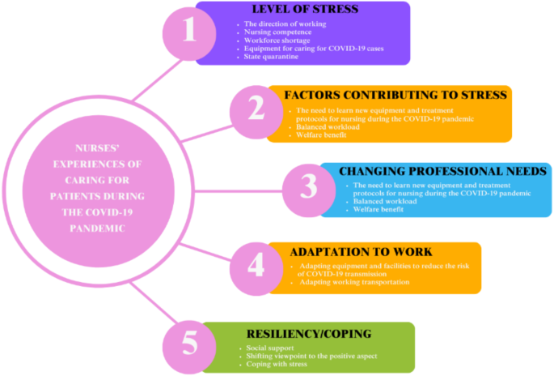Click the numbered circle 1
click(x=190, y=32)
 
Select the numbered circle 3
click(x=308, y=186)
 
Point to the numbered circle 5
click(x=189, y=343)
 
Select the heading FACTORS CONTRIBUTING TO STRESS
click(x=396, y=96)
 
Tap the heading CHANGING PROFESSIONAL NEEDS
click(x=442, y=172)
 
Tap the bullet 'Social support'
click(x=271, y=348)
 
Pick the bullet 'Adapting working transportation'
click(x=353, y=281)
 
